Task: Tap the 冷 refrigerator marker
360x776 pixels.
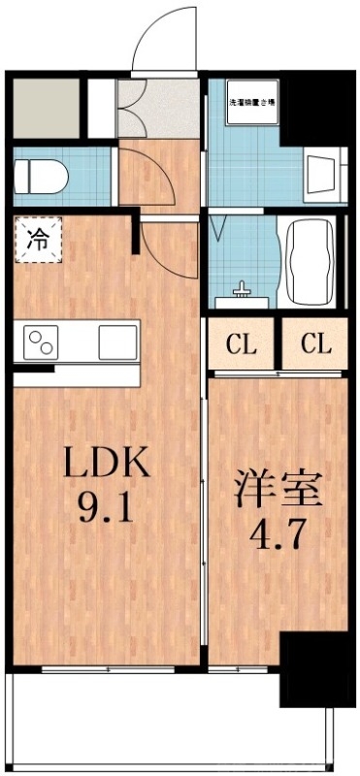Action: point(36,238)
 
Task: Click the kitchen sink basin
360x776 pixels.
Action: point(116,341)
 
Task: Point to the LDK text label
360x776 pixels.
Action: point(107,464)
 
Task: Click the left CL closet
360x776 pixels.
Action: point(242,343)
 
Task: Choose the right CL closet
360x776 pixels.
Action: point(315,343)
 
